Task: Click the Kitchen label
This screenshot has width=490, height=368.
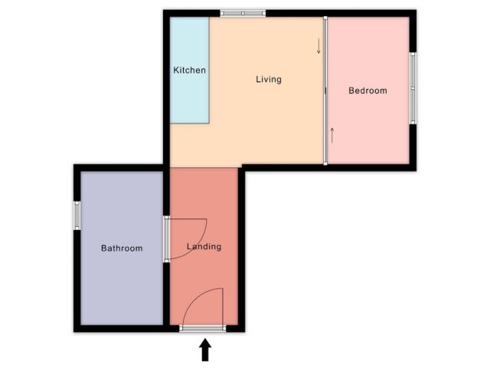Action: (189, 70)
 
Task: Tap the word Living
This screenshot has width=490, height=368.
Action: (269, 80)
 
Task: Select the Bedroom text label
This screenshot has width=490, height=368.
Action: (367, 90)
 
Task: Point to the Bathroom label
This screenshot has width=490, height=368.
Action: (122, 248)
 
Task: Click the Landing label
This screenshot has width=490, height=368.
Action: (204, 247)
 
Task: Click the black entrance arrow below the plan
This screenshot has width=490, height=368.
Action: (205, 350)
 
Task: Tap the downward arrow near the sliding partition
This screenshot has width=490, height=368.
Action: (318, 46)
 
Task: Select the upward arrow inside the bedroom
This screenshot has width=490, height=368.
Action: (332, 135)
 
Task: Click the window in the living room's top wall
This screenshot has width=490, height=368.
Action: (243, 13)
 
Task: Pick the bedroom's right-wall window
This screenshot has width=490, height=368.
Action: (413, 88)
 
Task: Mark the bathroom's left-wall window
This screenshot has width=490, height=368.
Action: (77, 215)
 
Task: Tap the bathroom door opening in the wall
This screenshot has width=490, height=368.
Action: (167, 239)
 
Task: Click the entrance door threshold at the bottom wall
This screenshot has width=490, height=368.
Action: (202, 328)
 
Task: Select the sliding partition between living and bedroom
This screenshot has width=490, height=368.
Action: (325, 90)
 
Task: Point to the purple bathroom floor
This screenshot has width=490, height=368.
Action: (122, 281)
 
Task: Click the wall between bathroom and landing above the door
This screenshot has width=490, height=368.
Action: (167, 192)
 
